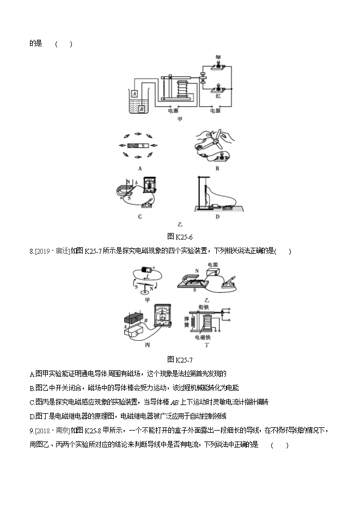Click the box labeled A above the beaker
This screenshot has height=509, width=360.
point(134,94)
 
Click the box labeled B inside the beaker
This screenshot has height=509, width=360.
point(141,108)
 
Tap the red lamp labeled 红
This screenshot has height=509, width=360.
point(218,87)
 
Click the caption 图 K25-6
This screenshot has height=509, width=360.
point(179,236)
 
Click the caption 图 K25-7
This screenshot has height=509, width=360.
point(179,359)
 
